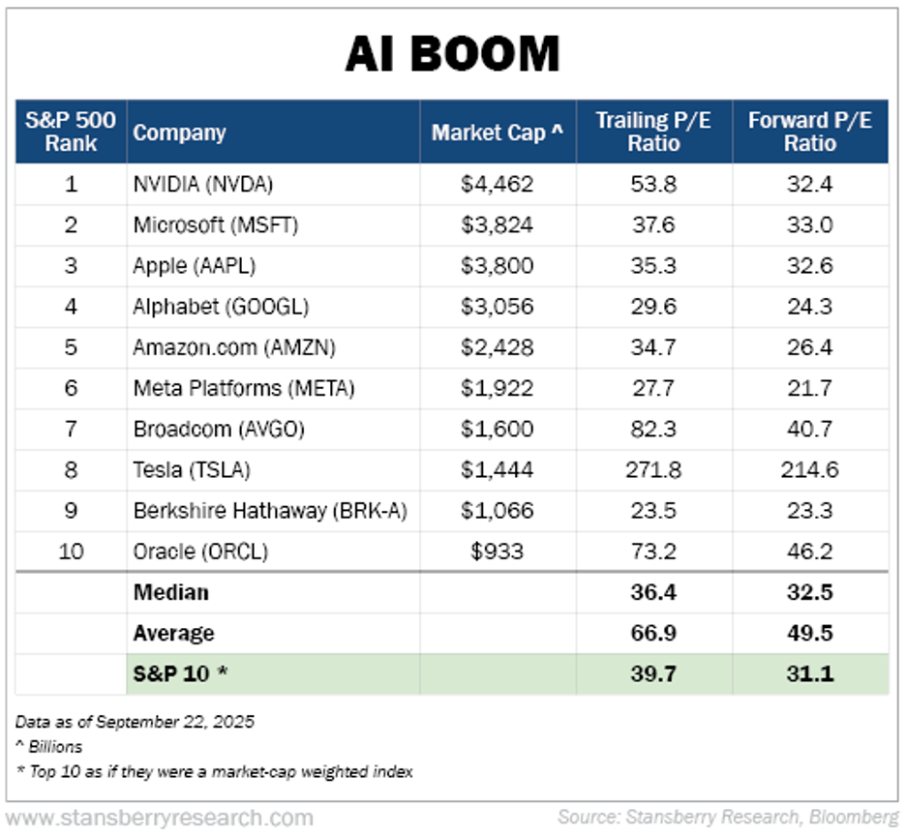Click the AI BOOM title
[452, 54]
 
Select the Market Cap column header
[498, 133]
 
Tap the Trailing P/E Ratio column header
[653, 132]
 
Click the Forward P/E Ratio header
[809, 132]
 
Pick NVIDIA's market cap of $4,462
[498, 184]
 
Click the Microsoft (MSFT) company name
[216, 225]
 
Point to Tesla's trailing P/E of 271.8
[653, 470]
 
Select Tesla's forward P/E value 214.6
[809, 470]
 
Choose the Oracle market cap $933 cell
[498, 552]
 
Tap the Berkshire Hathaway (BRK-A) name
[270, 511]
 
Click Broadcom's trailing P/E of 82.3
[653, 430]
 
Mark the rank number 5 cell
[71, 347]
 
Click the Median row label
[171, 592]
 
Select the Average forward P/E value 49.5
[809, 634]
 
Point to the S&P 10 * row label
[181, 674]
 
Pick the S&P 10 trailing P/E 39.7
[653, 674]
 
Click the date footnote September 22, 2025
[135, 722]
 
